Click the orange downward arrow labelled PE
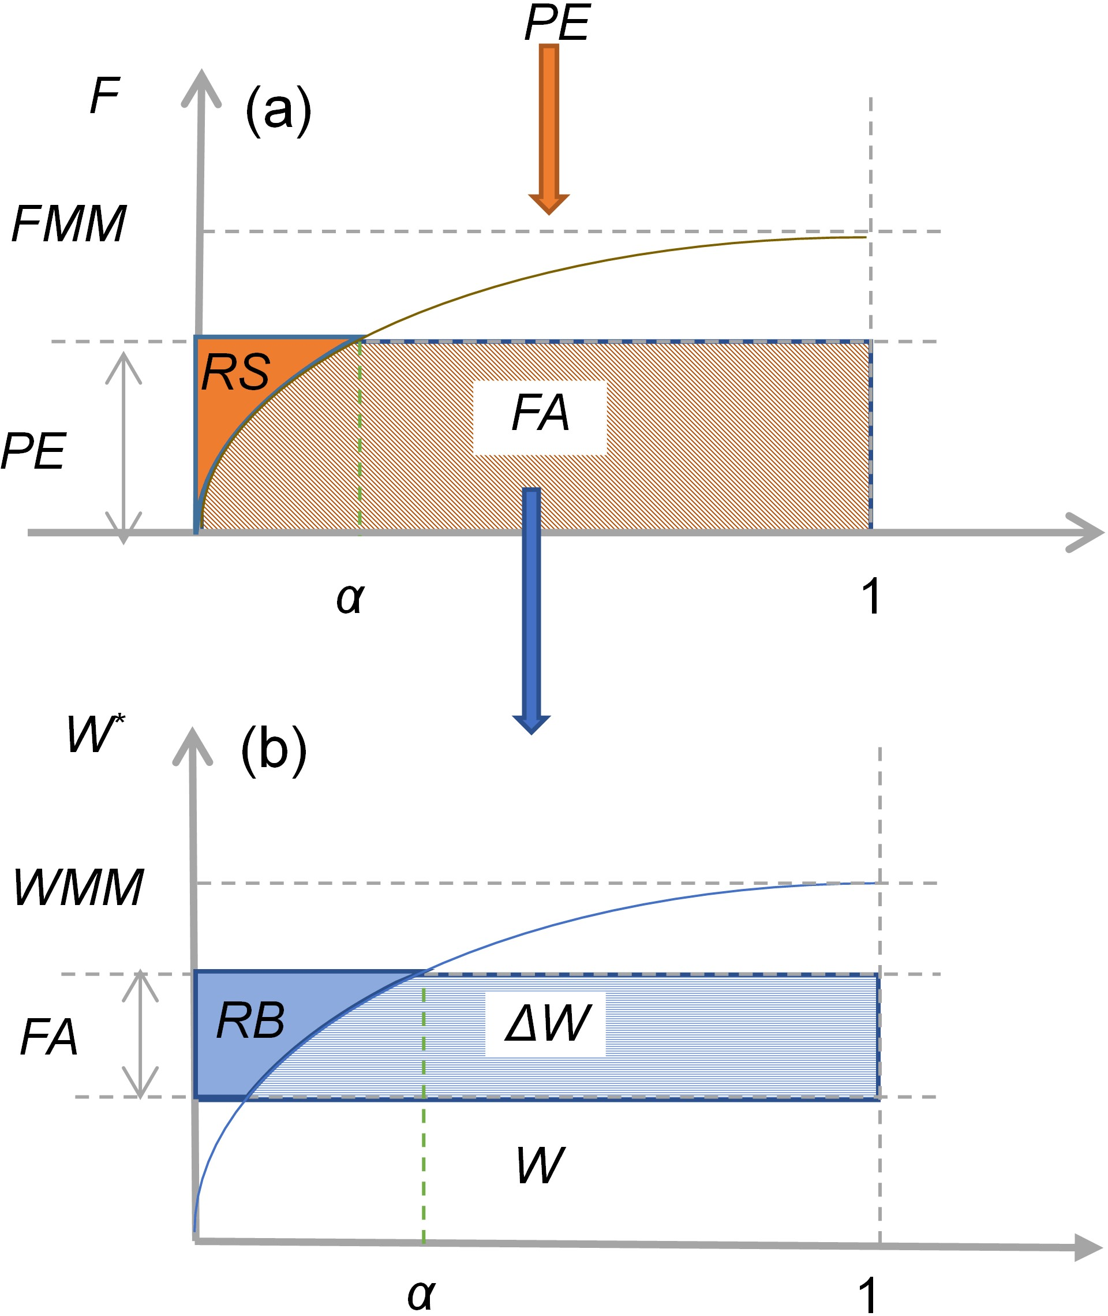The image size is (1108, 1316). coord(548,126)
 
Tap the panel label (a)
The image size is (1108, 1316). coord(278,111)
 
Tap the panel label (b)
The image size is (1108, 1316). coord(274,751)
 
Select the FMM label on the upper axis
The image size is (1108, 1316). coord(69,225)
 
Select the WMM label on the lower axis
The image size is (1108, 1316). coord(78,888)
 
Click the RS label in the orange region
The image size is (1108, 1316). coord(235,372)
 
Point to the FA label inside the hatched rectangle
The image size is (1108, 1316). coord(540,413)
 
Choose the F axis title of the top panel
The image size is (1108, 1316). coord(104,96)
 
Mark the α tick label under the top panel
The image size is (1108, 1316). coord(350,597)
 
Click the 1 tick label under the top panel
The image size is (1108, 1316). coord(871,596)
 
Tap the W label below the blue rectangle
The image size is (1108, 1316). coord(540,1166)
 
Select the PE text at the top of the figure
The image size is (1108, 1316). coord(556,23)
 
